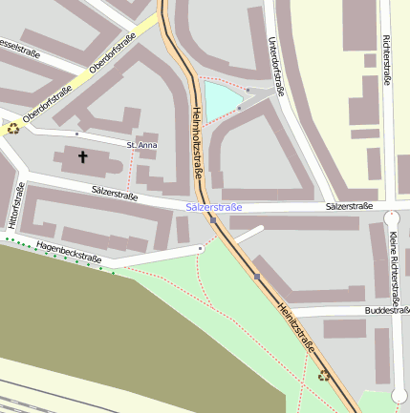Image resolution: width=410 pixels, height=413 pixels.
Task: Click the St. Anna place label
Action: click(x=141, y=145)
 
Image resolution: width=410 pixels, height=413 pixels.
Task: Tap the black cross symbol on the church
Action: click(x=82, y=156)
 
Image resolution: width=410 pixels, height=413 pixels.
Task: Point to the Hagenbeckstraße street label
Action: click(x=69, y=252)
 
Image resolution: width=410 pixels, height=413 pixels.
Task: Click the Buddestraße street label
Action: click(x=386, y=310)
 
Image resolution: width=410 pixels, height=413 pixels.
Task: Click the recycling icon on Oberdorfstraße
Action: click(x=13, y=129)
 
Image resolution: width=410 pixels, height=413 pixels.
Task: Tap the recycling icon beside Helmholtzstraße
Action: click(x=324, y=374)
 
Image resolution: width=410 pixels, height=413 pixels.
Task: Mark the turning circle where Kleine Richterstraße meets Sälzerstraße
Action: click(x=391, y=217)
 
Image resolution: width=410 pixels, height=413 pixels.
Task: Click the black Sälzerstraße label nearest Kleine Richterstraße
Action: click(x=348, y=206)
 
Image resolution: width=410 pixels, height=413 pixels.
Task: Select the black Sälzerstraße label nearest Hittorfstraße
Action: click(x=115, y=194)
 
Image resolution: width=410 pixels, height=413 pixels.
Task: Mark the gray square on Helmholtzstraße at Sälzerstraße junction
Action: click(x=213, y=219)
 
